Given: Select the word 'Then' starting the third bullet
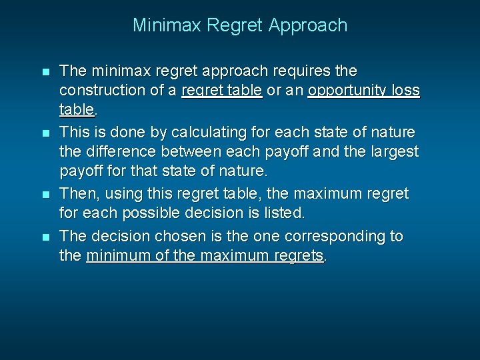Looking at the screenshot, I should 75,194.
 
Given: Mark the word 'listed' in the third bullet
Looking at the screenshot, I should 283,213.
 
